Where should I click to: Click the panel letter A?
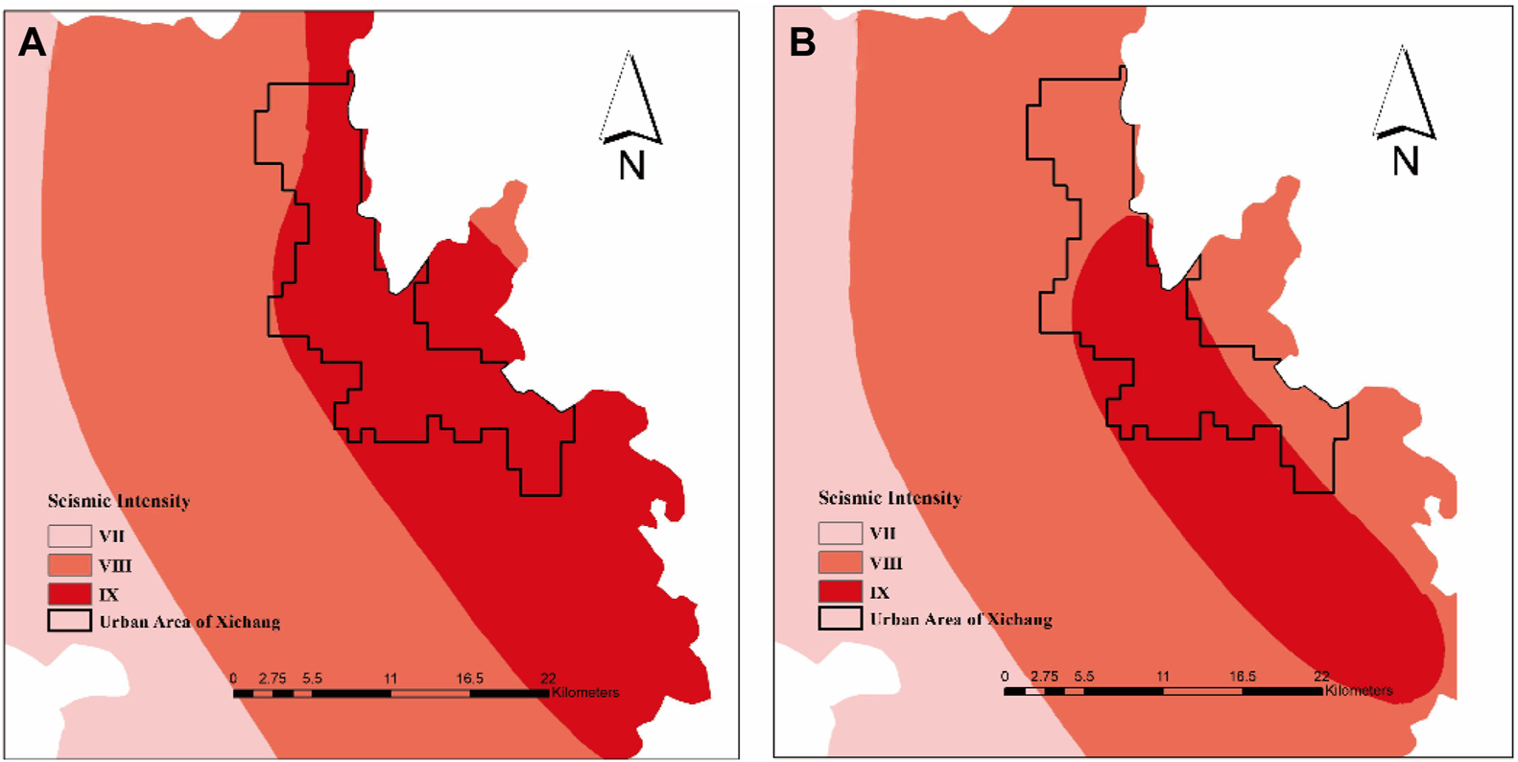pyautogui.click(x=32, y=43)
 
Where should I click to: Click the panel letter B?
pyautogui.click(x=802, y=43)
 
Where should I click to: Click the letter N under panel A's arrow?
pyautogui.click(x=631, y=166)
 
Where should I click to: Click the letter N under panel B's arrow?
pyautogui.click(x=1405, y=160)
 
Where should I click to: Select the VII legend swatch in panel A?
pyautogui.click(x=70, y=536)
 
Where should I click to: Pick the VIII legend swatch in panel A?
pyautogui.click(x=70, y=565)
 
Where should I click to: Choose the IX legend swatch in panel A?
pyautogui.click(x=70, y=593)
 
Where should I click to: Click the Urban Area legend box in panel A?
pyautogui.click(x=70, y=621)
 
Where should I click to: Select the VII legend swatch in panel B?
pyautogui.click(x=840, y=533)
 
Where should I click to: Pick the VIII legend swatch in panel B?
pyautogui.click(x=840, y=561)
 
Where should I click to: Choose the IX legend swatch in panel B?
pyautogui.click(x=840, y=590)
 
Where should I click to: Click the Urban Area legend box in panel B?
pyautogui.click(x=840, y=618)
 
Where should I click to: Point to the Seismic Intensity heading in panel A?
pyautogui.click(x=119, y=501)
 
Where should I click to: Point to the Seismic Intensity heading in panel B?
pyautogui.click(x=889, y=498)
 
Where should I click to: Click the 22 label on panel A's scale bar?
pyautogui.click(x=548, y=679)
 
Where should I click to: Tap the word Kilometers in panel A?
pyautogui.click(x=585, y=693)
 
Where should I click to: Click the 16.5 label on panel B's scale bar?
pyautogui.click(x=1242, y=677)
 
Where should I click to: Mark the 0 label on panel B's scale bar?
pyautogui.click(x=1005, y=677)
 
